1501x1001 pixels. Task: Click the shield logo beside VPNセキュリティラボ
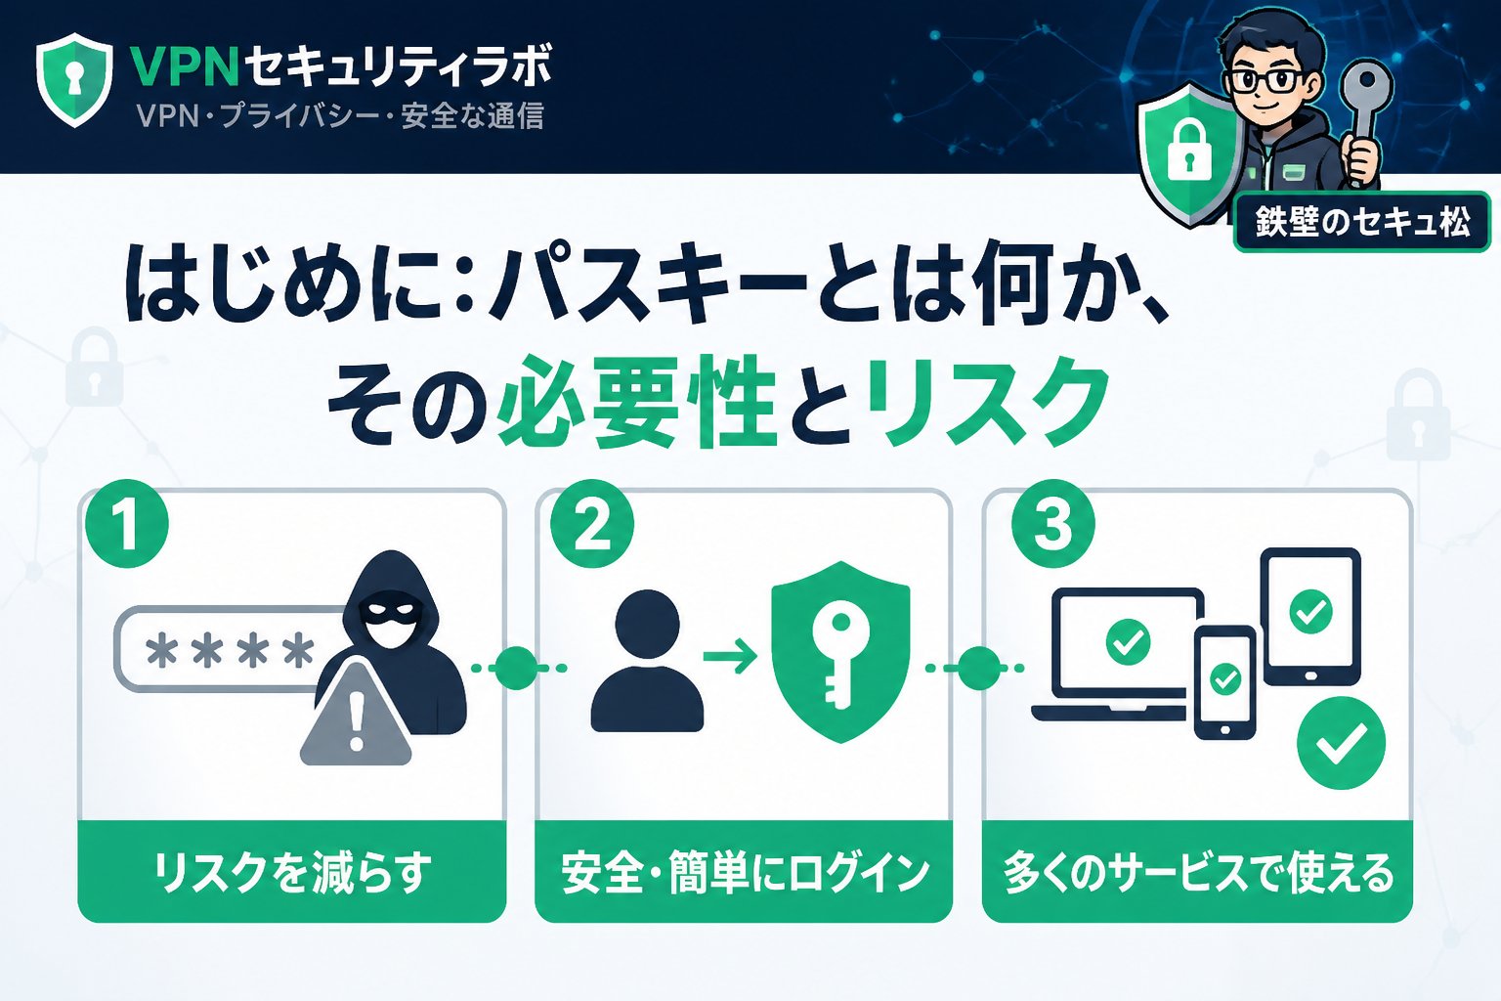[74, 80]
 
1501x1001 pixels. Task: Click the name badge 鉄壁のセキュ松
[1362, 223]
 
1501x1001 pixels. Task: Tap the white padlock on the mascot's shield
[1188, 155]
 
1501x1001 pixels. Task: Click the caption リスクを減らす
[291, 872]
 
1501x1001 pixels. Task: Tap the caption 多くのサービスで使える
[1197, 872]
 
